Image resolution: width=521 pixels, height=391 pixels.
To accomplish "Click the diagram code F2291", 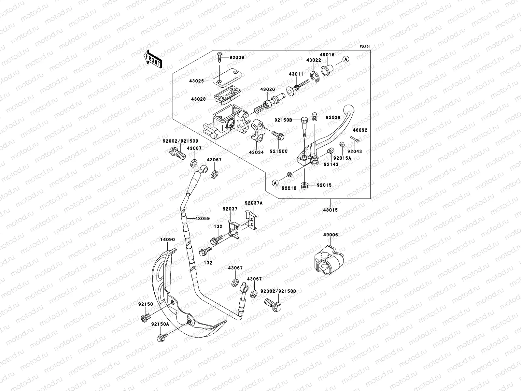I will pos(365,47).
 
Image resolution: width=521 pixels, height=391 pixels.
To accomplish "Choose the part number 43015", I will pos(330,210).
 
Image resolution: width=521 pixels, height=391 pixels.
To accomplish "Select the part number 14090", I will pos(167,239).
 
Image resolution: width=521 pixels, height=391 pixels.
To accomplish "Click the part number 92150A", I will pos(160,324).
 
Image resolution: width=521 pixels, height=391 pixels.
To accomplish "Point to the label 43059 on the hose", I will pos(202,219).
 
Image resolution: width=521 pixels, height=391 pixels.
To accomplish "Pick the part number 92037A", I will pos(254,203).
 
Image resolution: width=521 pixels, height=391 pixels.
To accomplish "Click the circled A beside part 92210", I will pos(275,183).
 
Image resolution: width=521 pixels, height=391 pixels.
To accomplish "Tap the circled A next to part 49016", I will pos(346,59).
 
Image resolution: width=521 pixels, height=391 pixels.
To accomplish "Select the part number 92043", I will pos(354,152).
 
